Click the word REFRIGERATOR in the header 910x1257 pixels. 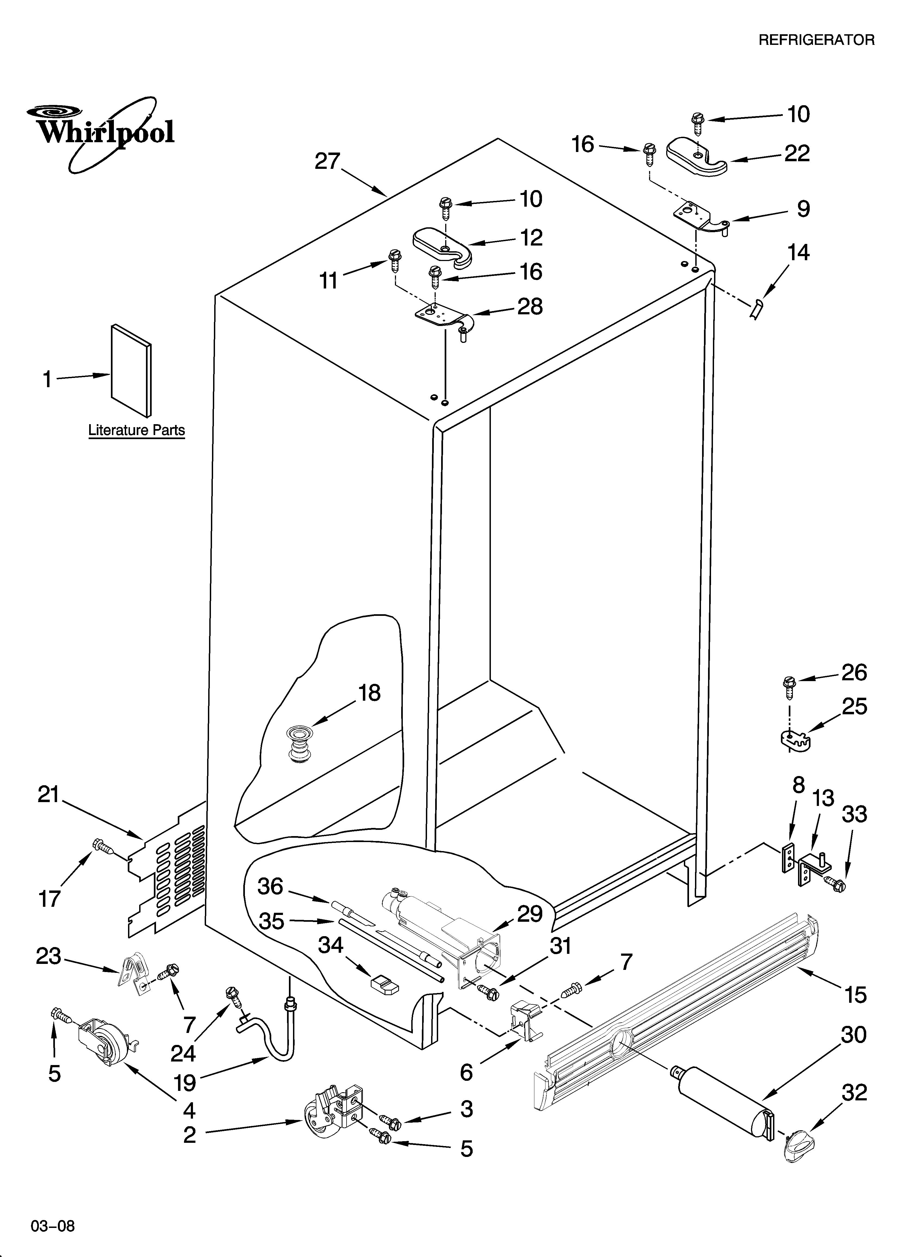point(816,40)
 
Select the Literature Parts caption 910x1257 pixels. point(136,430)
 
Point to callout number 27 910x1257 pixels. point(327,161)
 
